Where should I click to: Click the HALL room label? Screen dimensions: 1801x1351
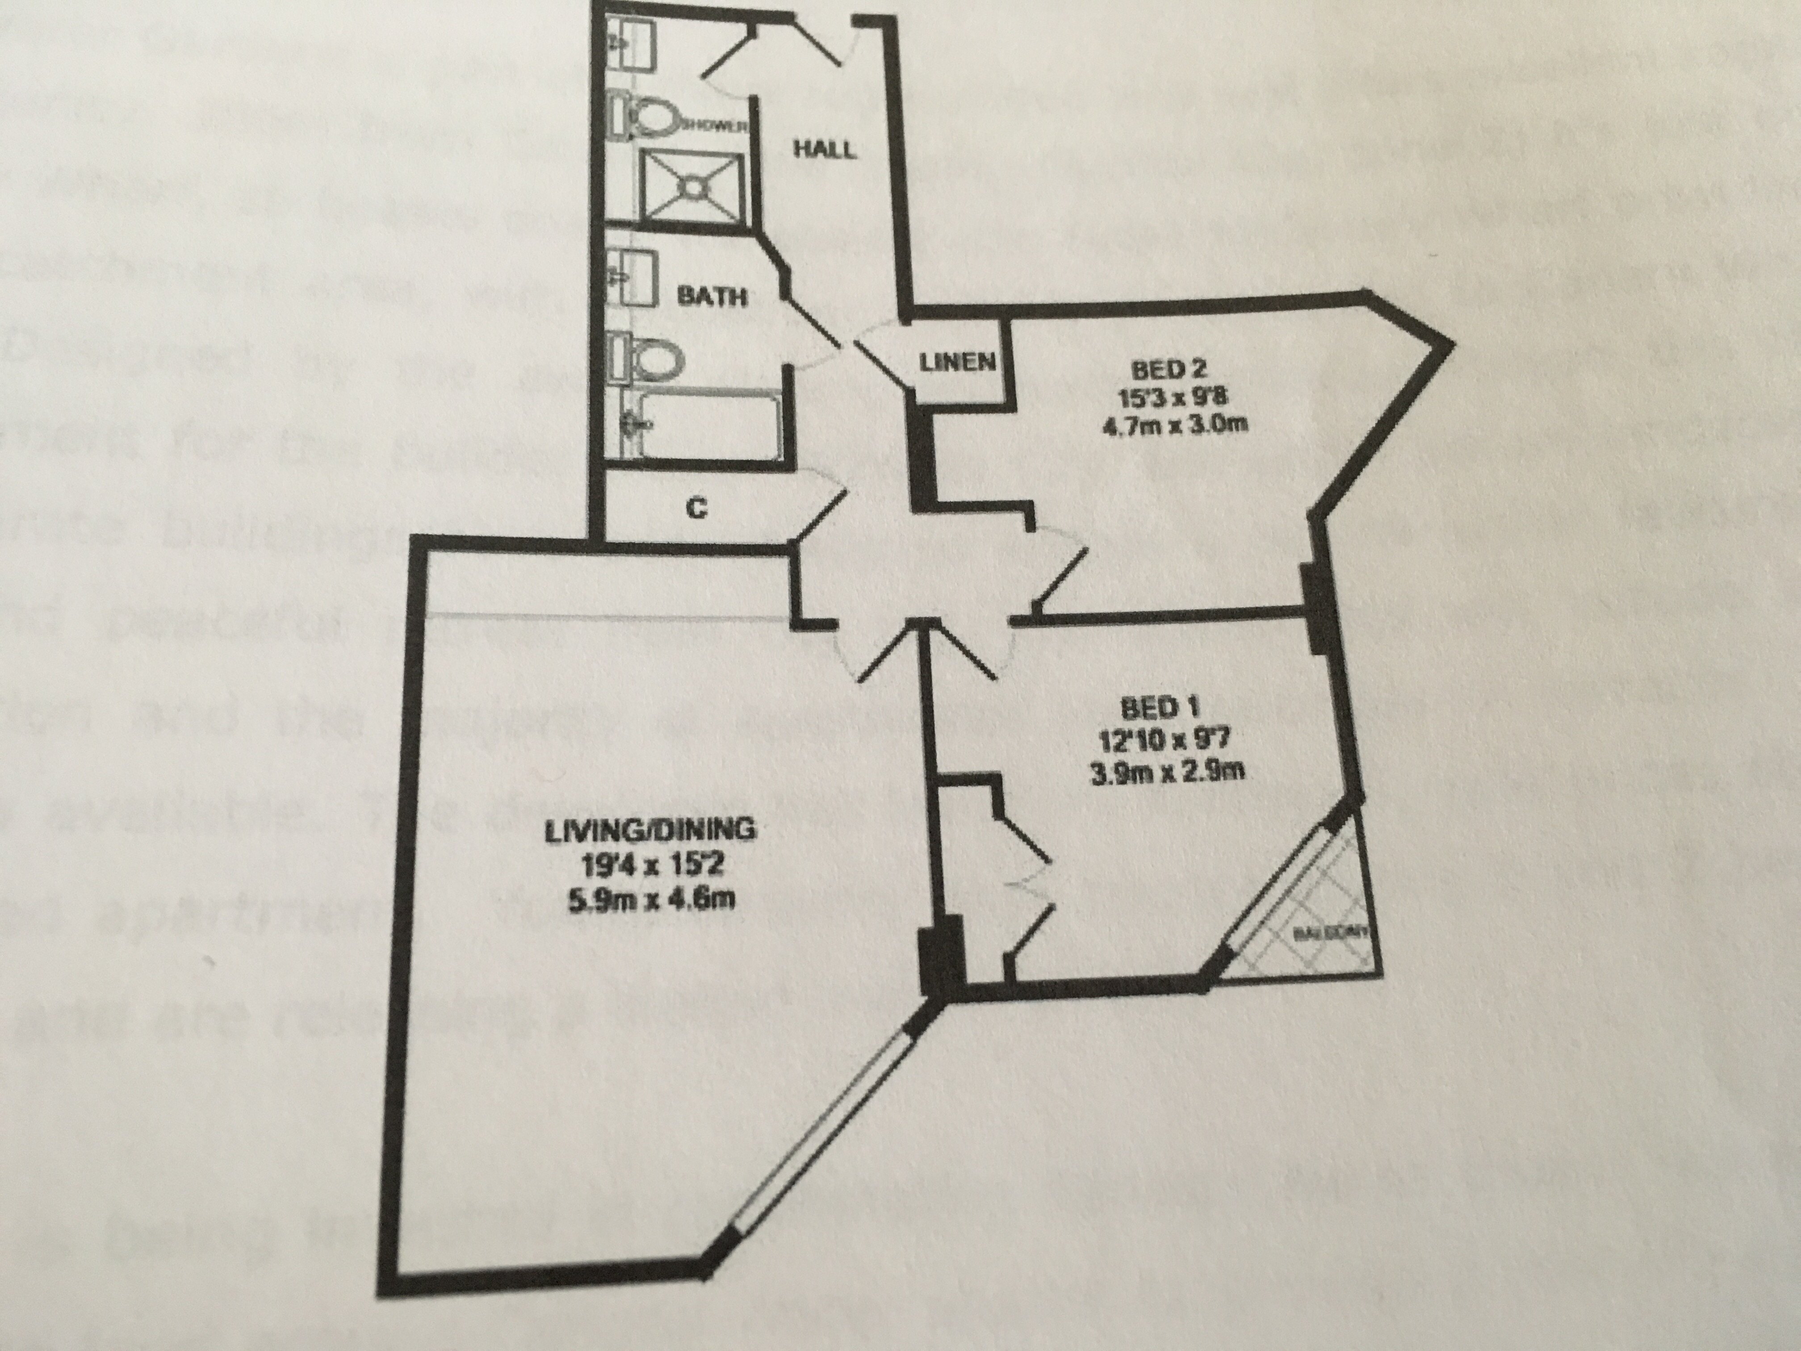tap(825, 150)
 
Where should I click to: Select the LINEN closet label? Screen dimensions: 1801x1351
tap(958, 361)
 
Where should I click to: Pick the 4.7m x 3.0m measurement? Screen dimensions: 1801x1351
tap(1167, 425)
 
